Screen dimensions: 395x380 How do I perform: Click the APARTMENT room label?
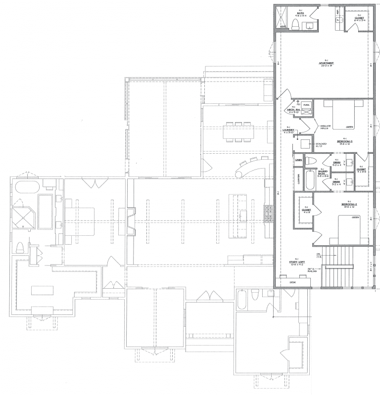(326, 64)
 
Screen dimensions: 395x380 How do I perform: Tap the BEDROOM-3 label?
(345, 141)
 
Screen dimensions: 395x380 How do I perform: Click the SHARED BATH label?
(322, 173)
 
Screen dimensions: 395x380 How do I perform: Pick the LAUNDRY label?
(289, 131)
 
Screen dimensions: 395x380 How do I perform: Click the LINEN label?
(299, 160)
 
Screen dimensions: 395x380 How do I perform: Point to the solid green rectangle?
(345, 343)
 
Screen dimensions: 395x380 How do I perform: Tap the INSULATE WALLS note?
(325, 127)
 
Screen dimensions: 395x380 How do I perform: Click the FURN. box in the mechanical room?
(306, 105)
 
